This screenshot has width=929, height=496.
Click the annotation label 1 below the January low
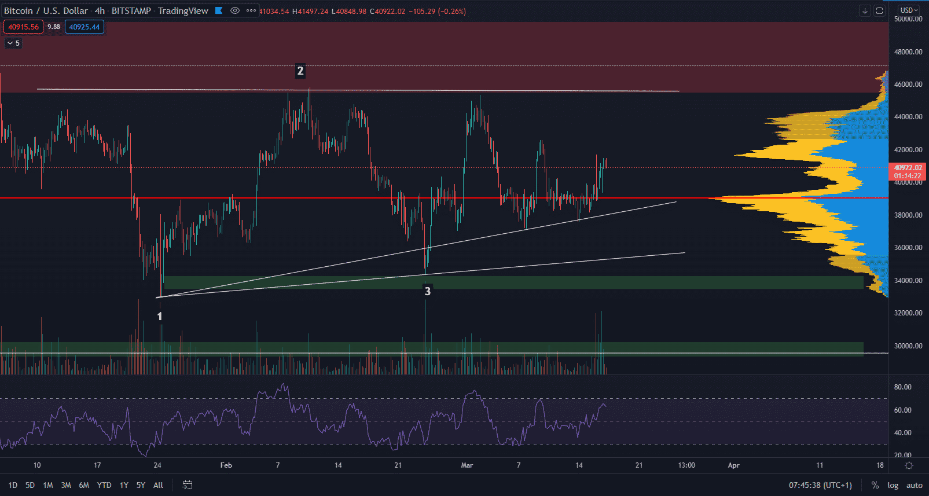160,317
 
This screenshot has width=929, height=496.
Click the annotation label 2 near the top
300,71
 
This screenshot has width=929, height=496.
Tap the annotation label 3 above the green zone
428,291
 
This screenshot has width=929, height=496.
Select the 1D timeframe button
13,485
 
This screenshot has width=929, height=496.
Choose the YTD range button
104,485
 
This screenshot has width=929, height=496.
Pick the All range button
158,485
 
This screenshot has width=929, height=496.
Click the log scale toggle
893,485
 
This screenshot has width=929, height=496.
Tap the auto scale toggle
914,485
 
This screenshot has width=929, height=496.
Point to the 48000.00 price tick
908,52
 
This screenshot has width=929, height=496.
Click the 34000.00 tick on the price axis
908,281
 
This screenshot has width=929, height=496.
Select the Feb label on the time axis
226,465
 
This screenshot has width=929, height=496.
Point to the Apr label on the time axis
733,465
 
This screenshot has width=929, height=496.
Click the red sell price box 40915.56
23,27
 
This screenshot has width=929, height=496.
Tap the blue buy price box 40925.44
85,27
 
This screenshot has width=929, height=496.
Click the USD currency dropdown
909,10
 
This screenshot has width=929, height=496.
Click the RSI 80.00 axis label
902,387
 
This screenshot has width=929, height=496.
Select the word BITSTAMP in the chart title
131,11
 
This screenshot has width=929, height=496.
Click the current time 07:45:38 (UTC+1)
820,485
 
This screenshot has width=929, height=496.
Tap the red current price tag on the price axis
907,171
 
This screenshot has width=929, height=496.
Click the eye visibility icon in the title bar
234,10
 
